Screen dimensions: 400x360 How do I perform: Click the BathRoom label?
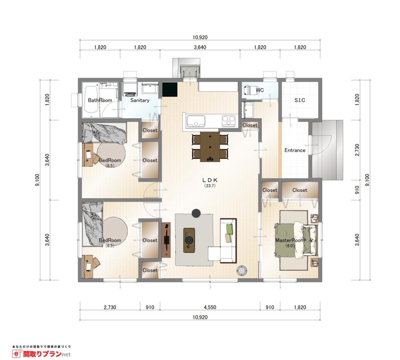click(100, 100)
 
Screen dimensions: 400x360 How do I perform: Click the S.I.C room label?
click(300, 100)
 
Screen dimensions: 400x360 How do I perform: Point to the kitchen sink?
click(196, 121)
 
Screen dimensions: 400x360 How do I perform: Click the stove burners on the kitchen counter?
click(229, 121)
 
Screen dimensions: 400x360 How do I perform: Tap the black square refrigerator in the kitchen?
click(170, 89)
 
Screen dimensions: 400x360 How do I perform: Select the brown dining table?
click(210, 147)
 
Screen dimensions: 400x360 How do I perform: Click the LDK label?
click(210, 180)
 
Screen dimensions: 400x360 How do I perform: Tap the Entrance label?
click(295, 150)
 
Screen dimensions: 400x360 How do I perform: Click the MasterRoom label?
click(290, 240)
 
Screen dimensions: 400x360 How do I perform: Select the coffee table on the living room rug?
click(189, 240)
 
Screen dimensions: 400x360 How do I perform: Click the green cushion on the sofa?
click(229, 229)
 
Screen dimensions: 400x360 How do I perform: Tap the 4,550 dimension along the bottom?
click(210, 307)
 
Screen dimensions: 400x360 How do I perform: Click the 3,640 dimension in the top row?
click(200, 47)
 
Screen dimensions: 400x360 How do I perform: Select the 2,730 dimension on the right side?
click(357, 150)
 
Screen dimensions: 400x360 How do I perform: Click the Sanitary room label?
click(140, 100)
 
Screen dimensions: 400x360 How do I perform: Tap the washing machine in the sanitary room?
click(130, 89)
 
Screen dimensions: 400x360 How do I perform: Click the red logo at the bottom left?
click(42, 354)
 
